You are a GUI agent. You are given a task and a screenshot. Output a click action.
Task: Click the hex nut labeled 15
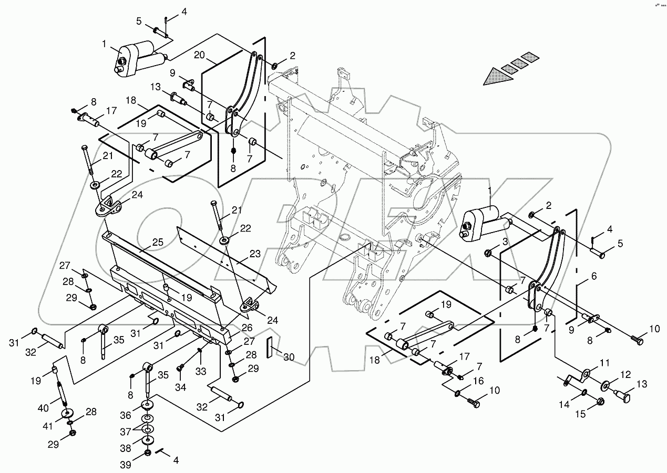[601, 403]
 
